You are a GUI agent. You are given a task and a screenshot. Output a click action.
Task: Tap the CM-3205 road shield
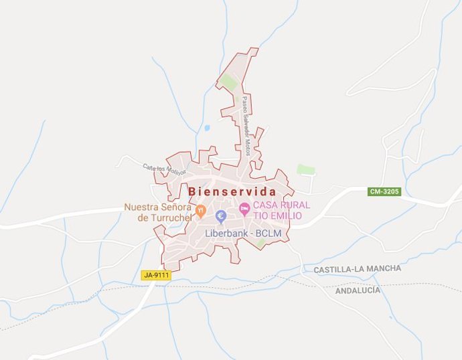tap(384, 191)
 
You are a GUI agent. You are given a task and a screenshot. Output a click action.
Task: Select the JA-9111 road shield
tap(156, 275)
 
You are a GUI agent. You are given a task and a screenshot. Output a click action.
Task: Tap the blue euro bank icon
tap(221, 215)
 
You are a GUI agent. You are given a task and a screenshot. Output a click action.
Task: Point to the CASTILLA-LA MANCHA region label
tap(358, 268)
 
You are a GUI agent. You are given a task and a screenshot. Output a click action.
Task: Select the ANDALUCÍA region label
tap(358, 290)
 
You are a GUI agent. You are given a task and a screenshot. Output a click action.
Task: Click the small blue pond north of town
tap(207, 128)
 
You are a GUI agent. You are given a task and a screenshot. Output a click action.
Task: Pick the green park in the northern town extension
tap(228, 83)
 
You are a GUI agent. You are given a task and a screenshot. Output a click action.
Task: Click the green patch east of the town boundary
tap(306, 170)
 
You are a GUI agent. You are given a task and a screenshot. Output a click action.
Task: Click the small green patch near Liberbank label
tap(260, 243)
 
